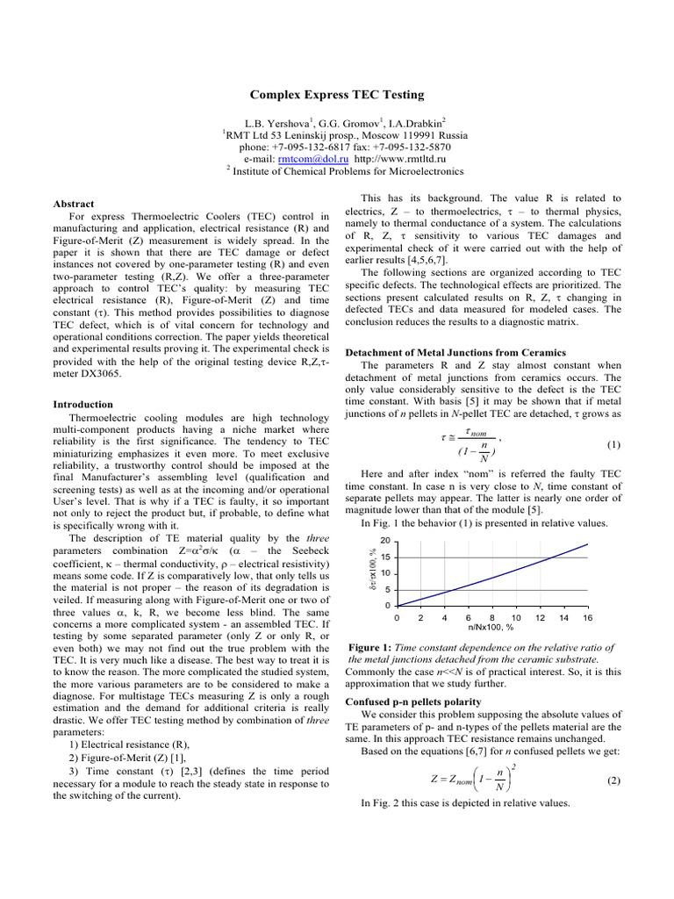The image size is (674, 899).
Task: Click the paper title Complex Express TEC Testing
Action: pos(337,95)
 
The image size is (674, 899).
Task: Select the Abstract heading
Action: pos(75,203)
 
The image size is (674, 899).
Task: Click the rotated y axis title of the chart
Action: pos(373,571)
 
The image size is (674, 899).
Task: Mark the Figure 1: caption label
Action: pos(377,648)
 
